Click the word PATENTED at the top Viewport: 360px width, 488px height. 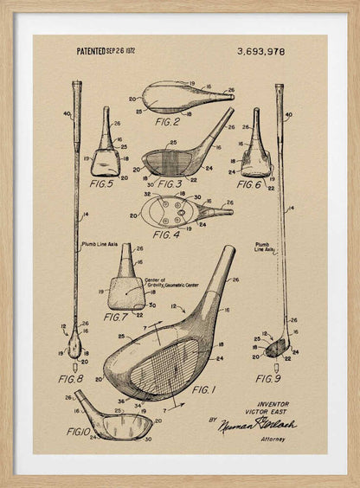pyautogui.click(x=91, y=52)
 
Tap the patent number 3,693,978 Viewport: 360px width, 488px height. pyautogui.click(x=260, y=52)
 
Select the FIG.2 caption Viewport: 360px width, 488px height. pyautogui.click(x=168, y=122)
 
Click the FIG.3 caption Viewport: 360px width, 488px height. pyautogui.click(x=169, y=183)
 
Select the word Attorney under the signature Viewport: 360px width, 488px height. pyautogui.click(x=272, y=439)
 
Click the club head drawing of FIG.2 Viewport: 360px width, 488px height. pyautogui.click(x=186, y=96)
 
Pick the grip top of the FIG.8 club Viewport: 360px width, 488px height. pyautogui.click(x=76, y=86)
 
